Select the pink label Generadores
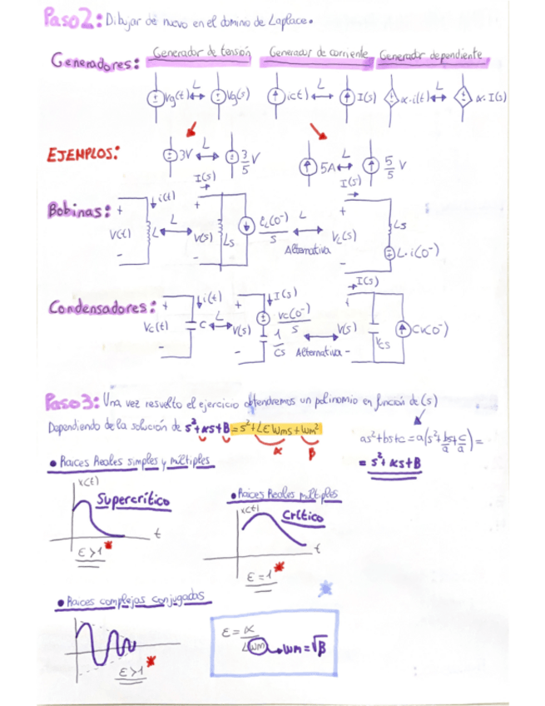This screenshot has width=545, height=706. [x=94, y=63]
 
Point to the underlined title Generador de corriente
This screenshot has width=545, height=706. [x=319, y=53]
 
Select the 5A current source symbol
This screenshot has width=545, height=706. [x=307, y=167]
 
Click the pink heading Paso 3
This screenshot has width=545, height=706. [x=72, y=403]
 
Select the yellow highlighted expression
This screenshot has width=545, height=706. [x=276, y=429]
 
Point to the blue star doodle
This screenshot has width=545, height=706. [x=324, y=589]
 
